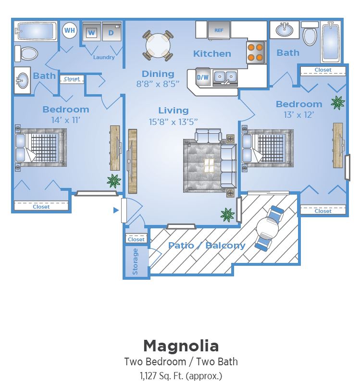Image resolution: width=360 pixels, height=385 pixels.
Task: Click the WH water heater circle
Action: pos(70,30)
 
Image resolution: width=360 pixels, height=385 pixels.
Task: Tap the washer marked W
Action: pos(92,32)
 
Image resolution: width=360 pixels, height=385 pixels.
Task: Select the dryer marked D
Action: pos(112,32)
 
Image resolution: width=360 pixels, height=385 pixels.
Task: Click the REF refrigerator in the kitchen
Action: pos(219,30)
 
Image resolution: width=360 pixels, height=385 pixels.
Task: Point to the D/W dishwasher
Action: pos(203,77)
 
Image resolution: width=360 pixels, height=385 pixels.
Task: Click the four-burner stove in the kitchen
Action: pos(255,52)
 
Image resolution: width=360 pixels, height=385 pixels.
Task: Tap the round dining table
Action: pos(158,46)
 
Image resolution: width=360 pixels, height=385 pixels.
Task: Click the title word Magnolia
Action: pos(181,346)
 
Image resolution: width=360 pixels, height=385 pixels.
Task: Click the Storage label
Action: pos(135,261)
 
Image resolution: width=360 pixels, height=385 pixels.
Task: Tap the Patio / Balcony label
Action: pos(207,245)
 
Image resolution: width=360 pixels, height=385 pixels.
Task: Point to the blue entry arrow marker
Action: pos(116,210)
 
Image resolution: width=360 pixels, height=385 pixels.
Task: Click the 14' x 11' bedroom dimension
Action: pos(66,120)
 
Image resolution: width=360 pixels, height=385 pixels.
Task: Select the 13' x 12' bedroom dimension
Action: pos(299,115)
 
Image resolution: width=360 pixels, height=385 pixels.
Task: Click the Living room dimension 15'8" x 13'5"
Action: pos(174,122)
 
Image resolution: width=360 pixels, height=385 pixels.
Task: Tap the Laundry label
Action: pos(104,57)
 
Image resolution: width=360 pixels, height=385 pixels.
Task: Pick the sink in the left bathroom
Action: pos(22,80)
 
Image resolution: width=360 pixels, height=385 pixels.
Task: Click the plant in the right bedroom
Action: pos(338,103)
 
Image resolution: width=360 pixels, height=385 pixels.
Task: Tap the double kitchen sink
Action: pos(225,77)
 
